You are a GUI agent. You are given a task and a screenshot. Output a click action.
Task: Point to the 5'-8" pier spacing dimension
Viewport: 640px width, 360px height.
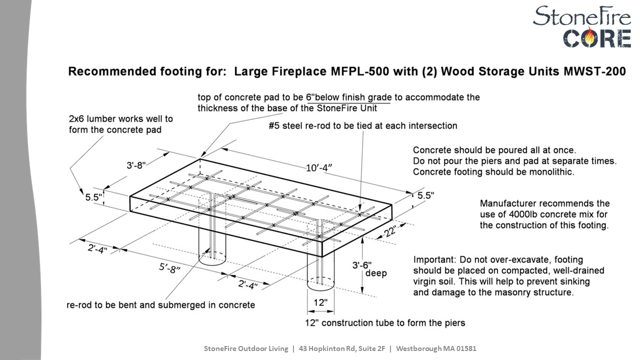click(169, 268)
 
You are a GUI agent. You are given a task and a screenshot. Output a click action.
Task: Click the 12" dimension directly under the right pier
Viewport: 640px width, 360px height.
click(320, 302)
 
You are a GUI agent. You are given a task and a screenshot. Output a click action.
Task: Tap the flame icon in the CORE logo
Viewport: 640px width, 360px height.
click(592, 37)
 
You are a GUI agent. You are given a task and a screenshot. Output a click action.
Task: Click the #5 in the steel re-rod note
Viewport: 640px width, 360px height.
click(273, 126)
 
